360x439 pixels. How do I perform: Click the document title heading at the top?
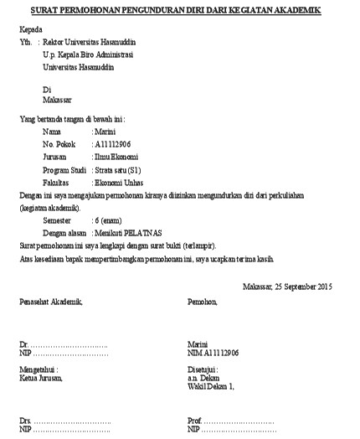(180, 11)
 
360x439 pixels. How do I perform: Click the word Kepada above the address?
(31, 29)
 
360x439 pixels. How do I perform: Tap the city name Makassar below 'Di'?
(59, 101)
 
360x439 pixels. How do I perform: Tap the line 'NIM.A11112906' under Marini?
(213, 354)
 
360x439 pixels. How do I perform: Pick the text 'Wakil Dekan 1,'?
(211, 386)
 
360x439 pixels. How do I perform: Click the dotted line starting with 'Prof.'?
(231, 421)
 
